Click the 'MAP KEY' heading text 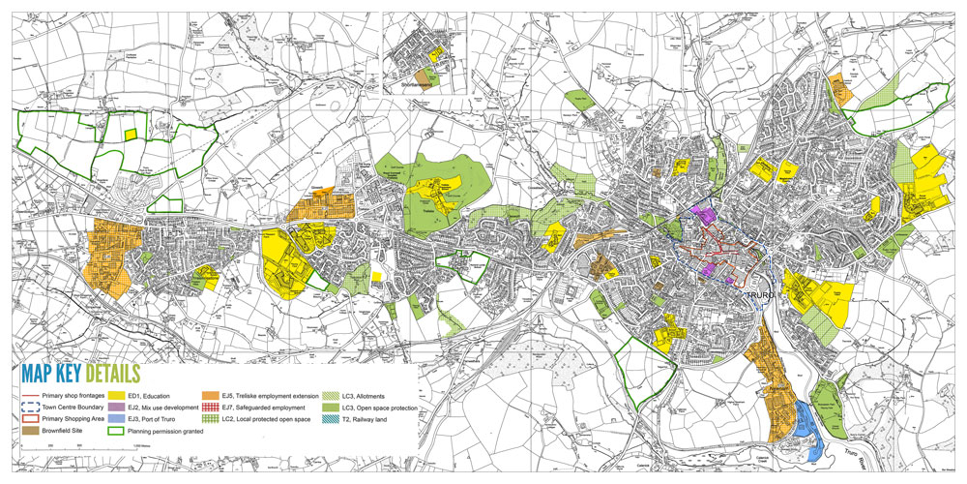49,374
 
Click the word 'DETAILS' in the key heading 111,374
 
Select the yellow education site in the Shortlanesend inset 435,59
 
